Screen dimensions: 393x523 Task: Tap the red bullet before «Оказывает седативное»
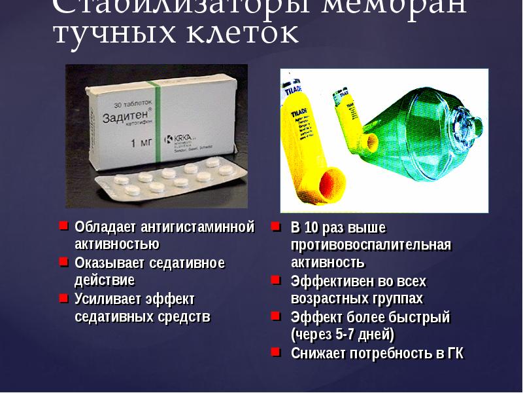pos(63,262)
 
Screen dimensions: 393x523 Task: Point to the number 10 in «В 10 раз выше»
pos(312,228)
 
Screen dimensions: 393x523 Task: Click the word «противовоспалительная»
pos(371,245)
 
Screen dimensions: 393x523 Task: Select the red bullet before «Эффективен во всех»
pos(277,280)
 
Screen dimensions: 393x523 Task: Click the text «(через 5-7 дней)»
pos(343,335)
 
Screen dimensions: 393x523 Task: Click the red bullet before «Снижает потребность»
pos(277,352)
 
